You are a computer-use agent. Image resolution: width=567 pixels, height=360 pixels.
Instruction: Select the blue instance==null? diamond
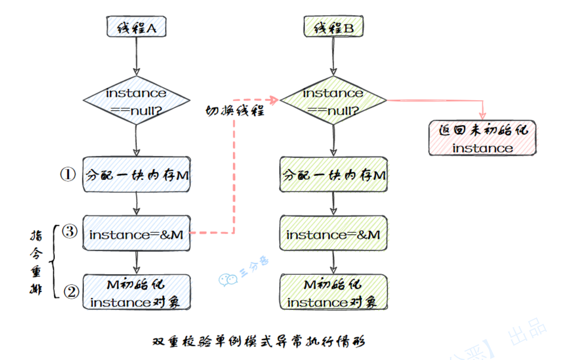(x=136, y=100)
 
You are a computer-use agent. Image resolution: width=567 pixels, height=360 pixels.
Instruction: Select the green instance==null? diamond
(x=333, y=100)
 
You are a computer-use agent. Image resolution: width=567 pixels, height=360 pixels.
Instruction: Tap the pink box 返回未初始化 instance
(x=483, y=138)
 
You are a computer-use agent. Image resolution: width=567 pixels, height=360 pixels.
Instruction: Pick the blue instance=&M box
(x=136, y=234)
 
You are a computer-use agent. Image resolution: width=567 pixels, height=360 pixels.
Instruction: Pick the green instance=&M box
(x=333, y=234)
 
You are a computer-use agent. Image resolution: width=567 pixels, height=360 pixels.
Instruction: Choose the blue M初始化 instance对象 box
(x=136, y=292)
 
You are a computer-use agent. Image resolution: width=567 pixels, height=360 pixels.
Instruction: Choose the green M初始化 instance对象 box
(x=333, y=292)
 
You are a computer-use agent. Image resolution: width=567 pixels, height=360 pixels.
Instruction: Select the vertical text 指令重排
(x=36, y=263)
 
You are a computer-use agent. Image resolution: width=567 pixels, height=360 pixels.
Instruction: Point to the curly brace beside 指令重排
(x=54, y=262)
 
